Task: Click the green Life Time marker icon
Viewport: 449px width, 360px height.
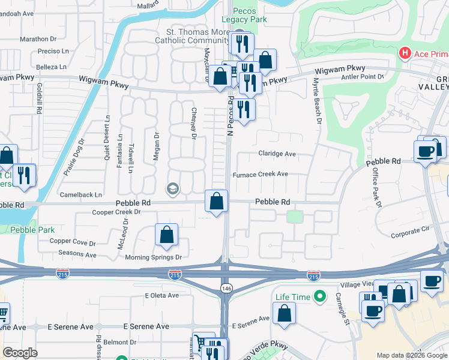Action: click(321, 296)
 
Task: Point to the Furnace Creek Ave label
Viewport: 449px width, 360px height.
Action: click(261, 175)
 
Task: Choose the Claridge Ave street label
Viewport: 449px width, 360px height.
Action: click(277, 154)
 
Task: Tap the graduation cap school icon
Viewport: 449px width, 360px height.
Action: click(173, 190)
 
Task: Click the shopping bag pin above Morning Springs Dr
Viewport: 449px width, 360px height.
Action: click(166, 235)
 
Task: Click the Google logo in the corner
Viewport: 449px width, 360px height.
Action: click(20, 353)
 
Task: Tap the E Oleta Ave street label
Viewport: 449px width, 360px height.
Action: click(161, 295)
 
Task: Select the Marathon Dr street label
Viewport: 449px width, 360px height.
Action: click(38, 39)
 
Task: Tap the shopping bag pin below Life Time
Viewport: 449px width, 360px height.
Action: click(284, 313)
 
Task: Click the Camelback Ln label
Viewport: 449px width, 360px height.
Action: click(80, 195)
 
